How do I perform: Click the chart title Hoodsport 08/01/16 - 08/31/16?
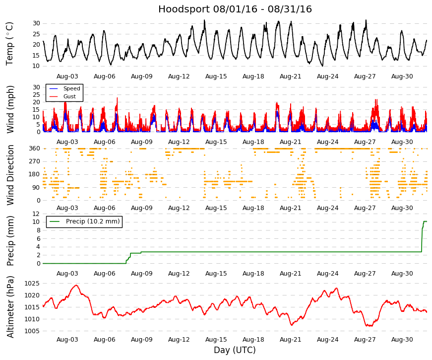pos(235,9)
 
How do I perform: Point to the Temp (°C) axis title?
pos(9,44)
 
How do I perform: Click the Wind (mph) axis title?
pos(10,110)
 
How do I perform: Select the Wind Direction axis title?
pos(10,175)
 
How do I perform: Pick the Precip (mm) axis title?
pos(10,241)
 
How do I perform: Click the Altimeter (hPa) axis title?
pos(10,307)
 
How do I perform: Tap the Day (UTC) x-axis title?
pos(235,350)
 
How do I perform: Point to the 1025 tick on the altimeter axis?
pos(32,284)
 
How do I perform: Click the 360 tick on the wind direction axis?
pos(34,148)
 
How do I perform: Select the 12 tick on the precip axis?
pos(36,214)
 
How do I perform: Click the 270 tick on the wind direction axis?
pos(34,161)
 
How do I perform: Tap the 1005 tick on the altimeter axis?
pos(32,331)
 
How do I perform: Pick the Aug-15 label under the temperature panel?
pos(216,76)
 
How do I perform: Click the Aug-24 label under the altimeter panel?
pos(327,340)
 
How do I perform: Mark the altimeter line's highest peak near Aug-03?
pos(76,285)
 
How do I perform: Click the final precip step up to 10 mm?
pos(423,236)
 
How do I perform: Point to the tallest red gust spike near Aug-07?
pos(117,98)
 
